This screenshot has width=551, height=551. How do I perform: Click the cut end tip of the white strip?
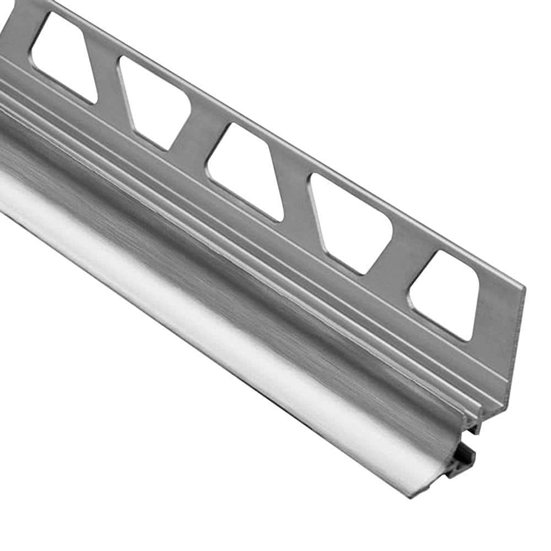point(424,488)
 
